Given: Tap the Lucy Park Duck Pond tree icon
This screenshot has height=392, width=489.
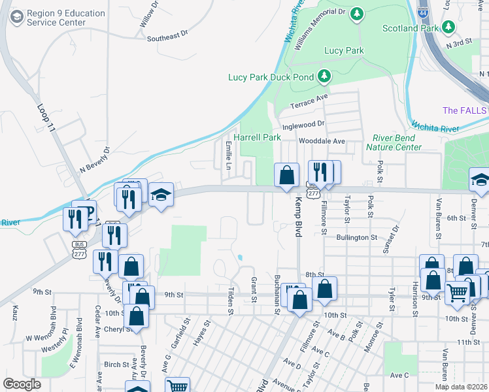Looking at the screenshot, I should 324,77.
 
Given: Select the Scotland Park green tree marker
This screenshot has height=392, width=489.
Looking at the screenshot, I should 448,27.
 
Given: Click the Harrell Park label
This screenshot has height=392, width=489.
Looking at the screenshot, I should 257,138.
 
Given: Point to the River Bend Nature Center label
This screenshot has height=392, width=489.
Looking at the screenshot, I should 397,142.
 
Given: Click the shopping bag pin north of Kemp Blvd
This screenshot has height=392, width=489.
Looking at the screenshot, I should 286,175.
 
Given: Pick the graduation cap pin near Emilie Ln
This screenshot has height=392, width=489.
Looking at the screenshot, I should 160,195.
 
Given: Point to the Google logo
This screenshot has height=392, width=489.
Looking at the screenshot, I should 22,384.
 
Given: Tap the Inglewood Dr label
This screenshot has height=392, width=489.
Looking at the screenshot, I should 303,124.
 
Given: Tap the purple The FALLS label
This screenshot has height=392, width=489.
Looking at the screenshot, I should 465,110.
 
